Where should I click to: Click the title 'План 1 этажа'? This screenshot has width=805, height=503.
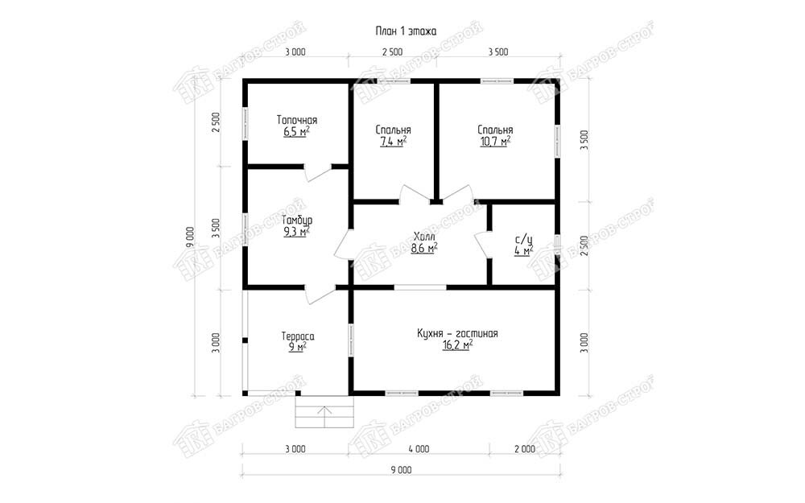click(406, 31)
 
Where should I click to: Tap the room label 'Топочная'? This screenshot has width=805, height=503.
click(297, 120)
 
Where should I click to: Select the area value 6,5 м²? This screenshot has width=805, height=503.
click(296, 132)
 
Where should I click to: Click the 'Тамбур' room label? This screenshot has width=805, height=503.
click(297, 221)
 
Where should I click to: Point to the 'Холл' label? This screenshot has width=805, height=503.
click(424, 237)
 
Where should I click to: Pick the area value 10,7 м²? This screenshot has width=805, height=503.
click(495, 142)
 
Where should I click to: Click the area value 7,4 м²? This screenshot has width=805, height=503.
click(394, 142)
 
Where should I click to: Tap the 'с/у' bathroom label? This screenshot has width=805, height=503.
click(524, 240)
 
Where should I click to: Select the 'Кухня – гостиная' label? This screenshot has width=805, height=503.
click(457, 334)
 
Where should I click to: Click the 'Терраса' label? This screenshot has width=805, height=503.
click(298, 336)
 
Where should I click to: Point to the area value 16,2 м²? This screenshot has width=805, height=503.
click(457, 346)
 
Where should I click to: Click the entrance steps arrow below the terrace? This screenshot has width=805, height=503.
click(324, 417)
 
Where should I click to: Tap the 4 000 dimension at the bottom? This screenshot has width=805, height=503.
click(419, 449)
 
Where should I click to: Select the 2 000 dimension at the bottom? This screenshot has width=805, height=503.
click(525, 449)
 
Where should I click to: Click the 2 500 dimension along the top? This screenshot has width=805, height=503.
click(393, 52)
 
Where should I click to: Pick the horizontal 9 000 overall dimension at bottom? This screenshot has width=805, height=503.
click(401, 470)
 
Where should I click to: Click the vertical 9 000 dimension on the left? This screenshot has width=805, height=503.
click(191, 237)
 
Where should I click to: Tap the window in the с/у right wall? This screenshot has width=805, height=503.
click(558, 245)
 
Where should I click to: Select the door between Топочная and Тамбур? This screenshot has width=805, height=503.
click(318, 172)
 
